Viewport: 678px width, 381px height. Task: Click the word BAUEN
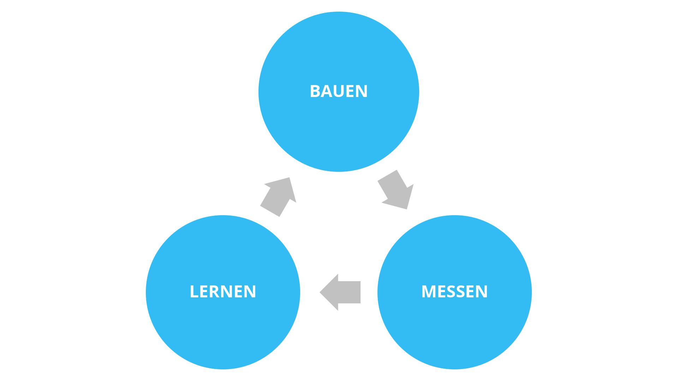coord(339,91)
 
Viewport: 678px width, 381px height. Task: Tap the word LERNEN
coord(223,292)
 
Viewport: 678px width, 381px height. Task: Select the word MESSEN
coord(454,292)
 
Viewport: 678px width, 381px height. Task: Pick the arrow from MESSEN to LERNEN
coord(341,292)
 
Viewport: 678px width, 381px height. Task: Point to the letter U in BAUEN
coord(339,91)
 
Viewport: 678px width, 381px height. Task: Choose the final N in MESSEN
coord(481,292)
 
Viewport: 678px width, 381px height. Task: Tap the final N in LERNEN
coord(249,292)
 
